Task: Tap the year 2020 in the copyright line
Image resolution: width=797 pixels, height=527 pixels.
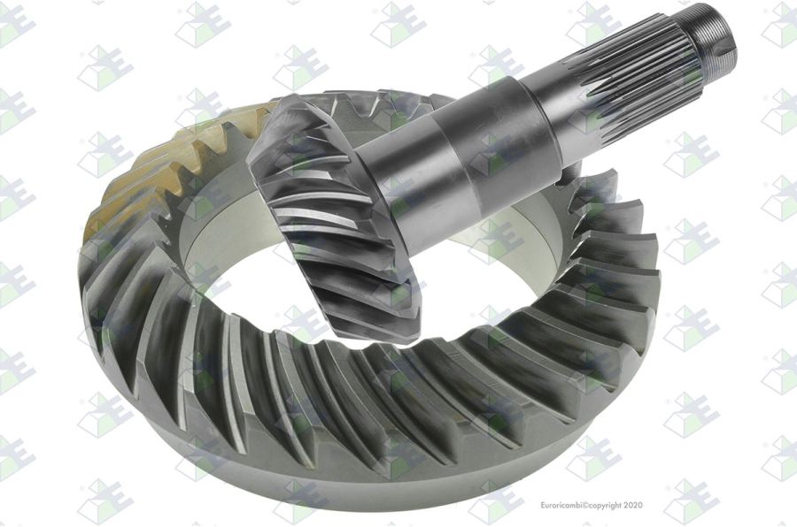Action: pyautogui.click(x=632, y=505)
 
